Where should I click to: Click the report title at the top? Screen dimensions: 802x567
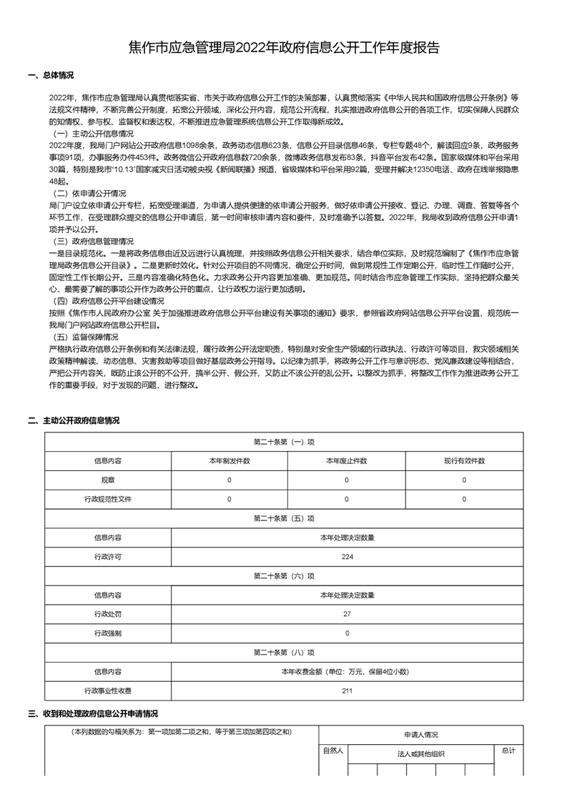pyautogui.click(x=283, y=48)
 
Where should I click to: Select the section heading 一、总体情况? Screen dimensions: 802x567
pyautogui.click(x=50, y=75)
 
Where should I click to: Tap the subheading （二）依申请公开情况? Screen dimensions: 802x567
pyautogui.click(x=89, y=194)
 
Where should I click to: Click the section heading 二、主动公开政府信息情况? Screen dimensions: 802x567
pyautogui.click(x=73, y=420)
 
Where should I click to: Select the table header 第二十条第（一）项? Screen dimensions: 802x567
pyautogui.click(x=283, y=442)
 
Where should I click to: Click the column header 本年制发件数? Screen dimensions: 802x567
pyautogui.click(x=229, y=461)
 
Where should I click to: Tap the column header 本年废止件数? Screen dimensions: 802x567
pyautogui.click(x=346, y=461)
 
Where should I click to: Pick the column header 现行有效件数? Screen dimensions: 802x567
pyautogui.click(x=464, y=461)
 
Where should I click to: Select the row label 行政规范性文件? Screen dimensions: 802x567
pyautogui.click(x=107, y=499)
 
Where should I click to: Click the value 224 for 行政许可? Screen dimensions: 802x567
pyautogui.click(x=347, y=556)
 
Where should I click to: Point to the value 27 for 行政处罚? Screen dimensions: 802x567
pyautogui.click(x=347, y=614)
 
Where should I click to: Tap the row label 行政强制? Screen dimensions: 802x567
pyautogui.click(x=107, y=633)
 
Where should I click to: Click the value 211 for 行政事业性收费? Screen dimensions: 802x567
pyautogui.click(x=347, y=690)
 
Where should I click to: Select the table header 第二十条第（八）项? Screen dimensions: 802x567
pyautogui.click(x=283, y=653)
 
